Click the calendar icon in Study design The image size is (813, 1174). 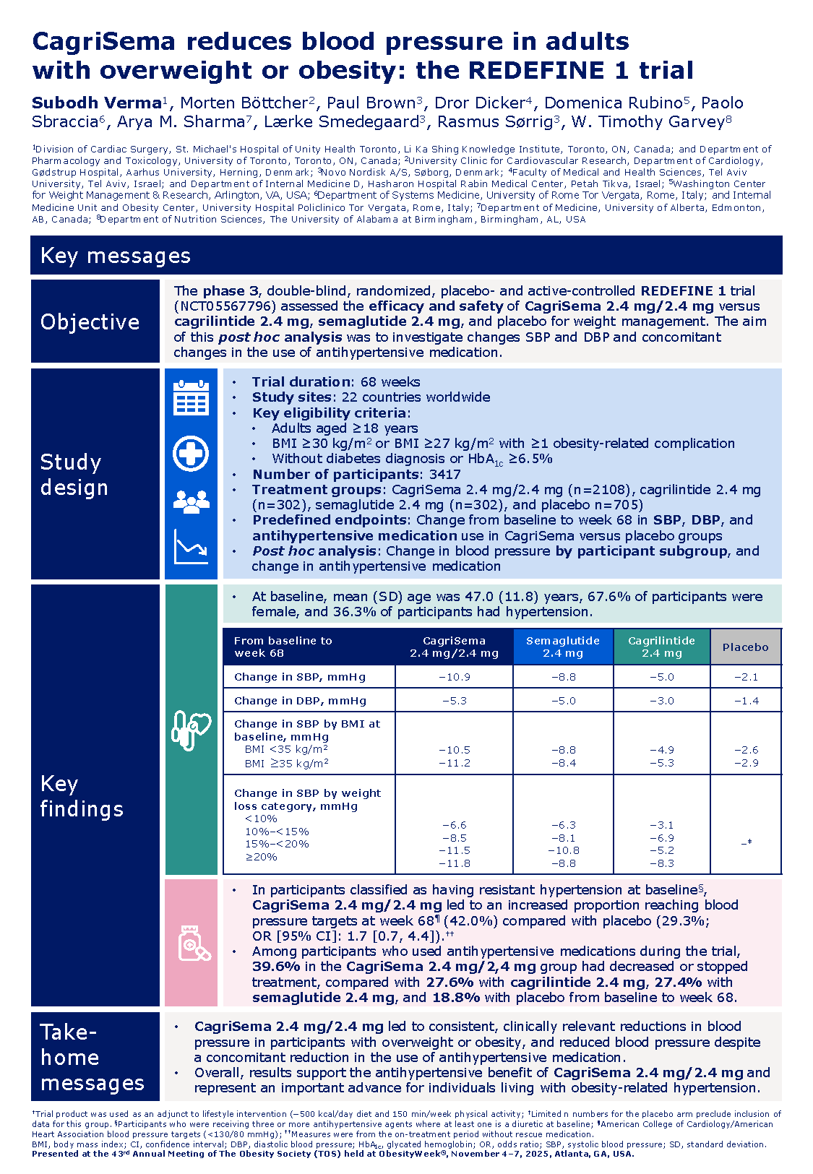point(192,397)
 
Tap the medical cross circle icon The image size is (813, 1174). point(192,454)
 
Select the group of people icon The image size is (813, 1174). point(192,501)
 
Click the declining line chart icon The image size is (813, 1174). point(192,546)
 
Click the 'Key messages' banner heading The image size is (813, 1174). point(116,256)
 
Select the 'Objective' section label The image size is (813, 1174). point(90,322)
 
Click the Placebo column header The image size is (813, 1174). point(745,647)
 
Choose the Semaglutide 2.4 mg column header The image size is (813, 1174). point(563,647)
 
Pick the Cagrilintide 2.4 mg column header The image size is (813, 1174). point(661,647)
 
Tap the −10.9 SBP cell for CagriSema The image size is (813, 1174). point(454,677)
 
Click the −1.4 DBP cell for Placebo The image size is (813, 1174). point(746,701)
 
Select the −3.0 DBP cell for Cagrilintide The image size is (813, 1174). point(661,701)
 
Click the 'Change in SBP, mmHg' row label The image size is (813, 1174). point(300,677)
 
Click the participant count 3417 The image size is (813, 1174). point(444,475)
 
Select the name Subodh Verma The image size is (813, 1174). point(96,103)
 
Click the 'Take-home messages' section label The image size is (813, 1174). point(93,1058)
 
